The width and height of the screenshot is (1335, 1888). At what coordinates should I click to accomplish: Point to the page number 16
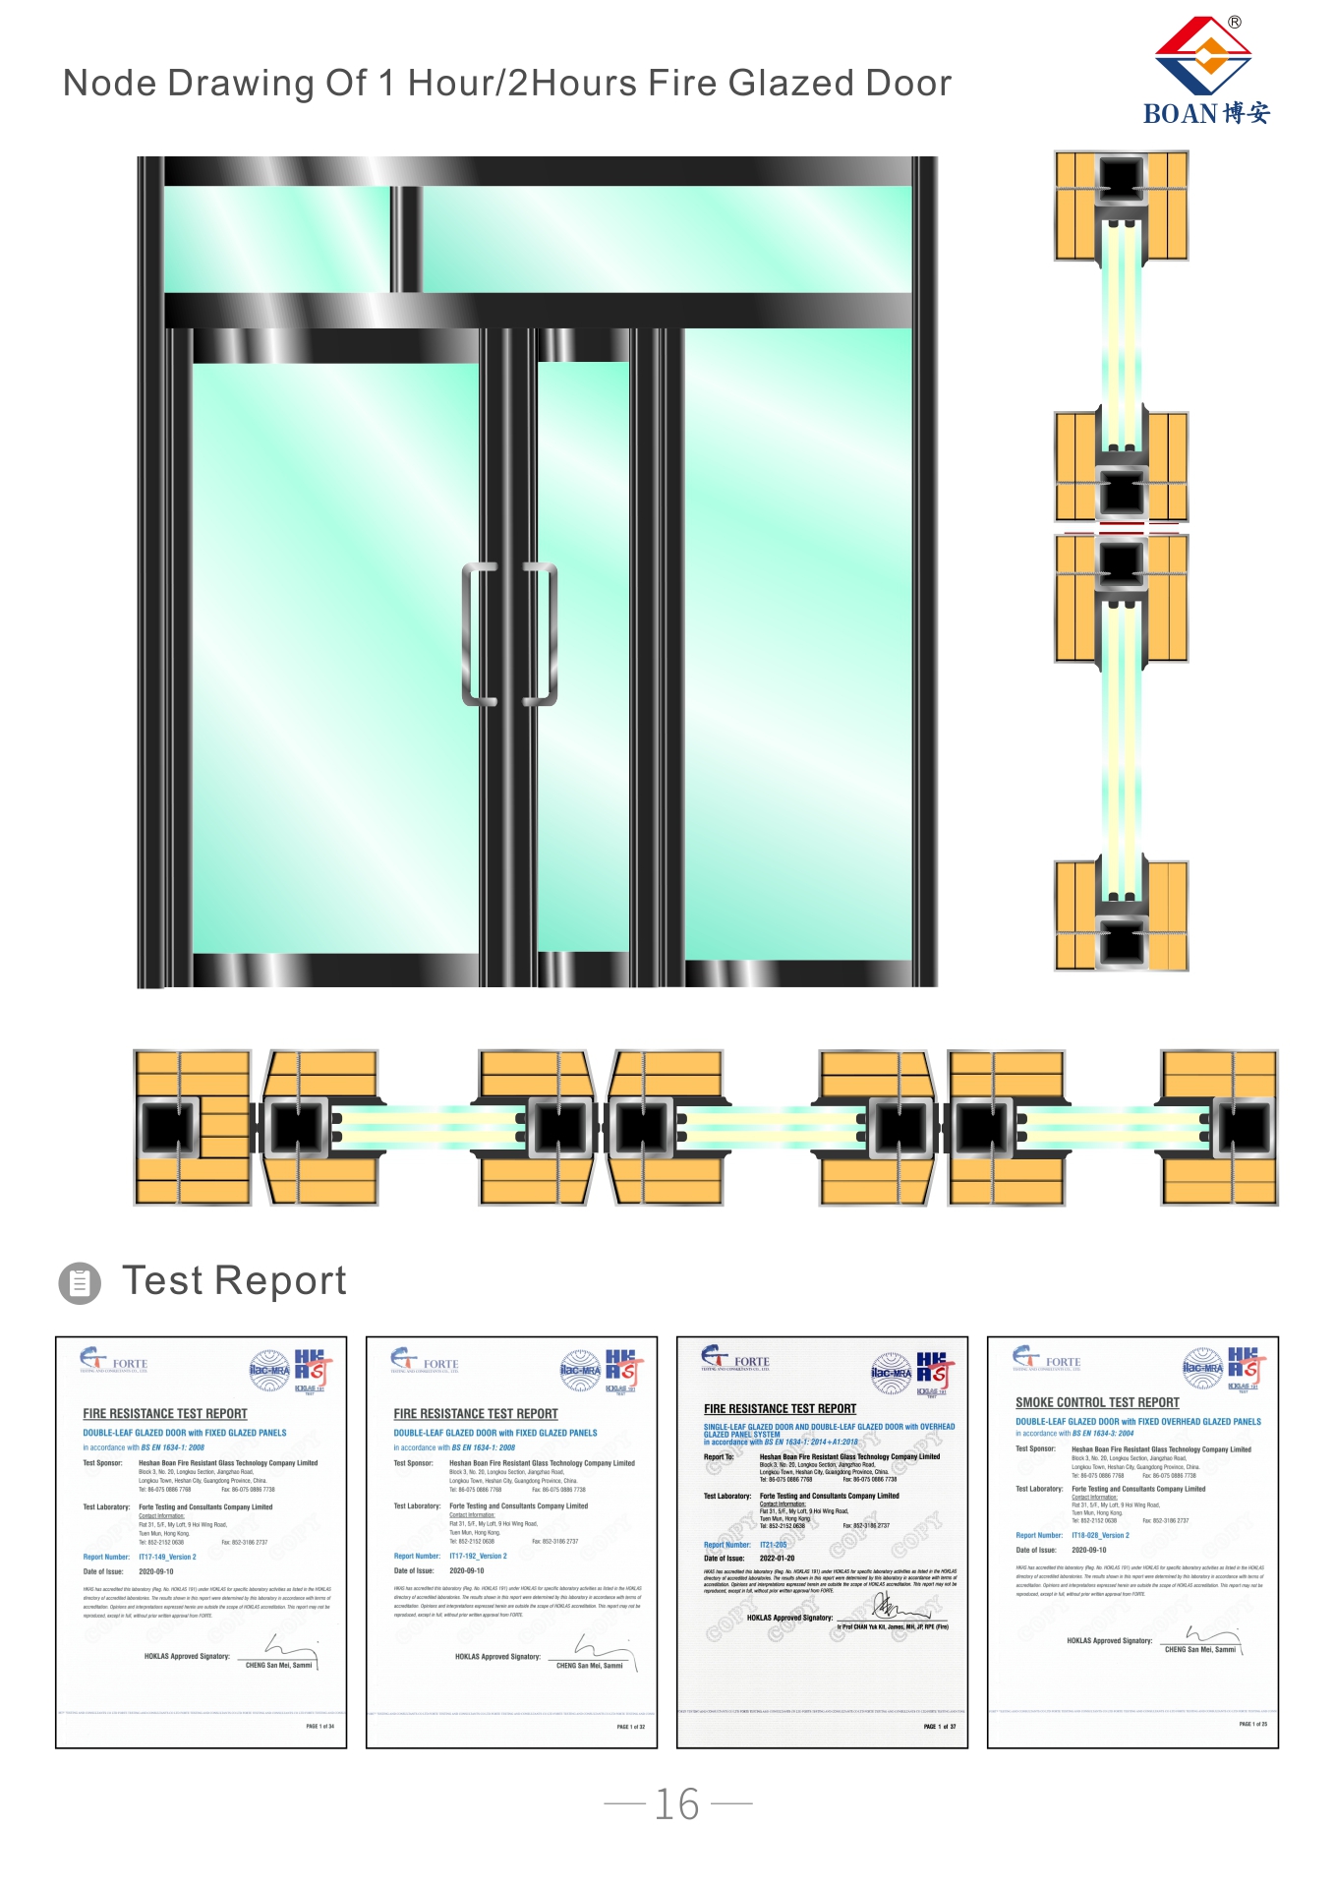(677, 1804)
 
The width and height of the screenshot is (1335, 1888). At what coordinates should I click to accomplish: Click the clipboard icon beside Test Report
(80, 1283)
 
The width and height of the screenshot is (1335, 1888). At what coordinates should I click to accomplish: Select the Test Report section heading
(234, 1281)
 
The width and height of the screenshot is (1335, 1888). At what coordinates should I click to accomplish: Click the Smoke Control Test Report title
(1097, 1403)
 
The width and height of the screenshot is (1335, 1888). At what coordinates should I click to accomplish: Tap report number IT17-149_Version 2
(167, 1558)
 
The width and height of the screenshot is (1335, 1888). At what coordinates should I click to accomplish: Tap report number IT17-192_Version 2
(478, 1557)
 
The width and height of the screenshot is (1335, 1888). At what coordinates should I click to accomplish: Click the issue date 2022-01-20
(777, 1559)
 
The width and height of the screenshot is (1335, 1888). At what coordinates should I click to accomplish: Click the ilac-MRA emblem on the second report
(580, 1370)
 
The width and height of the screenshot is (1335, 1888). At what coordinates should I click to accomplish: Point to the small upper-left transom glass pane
(276, 239)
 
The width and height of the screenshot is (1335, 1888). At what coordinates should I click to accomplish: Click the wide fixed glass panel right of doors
(797, 644)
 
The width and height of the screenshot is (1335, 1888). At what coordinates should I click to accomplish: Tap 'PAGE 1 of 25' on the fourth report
(1252, 1724)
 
